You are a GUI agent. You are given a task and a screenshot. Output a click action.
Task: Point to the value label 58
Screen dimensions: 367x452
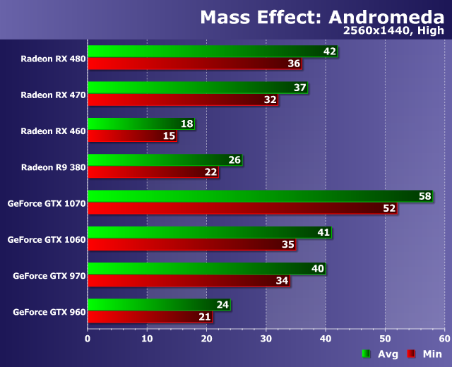[x=425, y=196]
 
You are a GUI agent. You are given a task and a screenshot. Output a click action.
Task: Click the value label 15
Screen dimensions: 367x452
[x=169, y=136]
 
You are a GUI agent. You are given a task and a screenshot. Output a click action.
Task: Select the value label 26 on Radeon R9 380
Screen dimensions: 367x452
[x=235, y=160]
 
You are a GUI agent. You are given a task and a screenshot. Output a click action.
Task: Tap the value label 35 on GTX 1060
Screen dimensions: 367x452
[x=287, y=245]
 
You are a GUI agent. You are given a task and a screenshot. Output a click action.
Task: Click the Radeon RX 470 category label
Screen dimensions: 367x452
[x=53, y=94]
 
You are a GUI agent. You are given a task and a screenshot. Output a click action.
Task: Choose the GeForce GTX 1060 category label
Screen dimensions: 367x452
[x=47, y=239]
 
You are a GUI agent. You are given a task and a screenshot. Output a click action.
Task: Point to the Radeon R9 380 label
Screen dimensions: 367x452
[x=53, y=167]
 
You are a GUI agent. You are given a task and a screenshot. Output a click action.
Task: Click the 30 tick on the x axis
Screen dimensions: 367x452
[x=266, y=338]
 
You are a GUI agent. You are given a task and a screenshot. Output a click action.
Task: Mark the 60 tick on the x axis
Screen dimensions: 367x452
[x=444, y=338]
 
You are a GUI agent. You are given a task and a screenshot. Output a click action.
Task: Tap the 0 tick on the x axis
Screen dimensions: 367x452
[x=88, y=338]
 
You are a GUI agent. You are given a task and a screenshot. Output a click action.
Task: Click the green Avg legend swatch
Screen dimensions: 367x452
[x=366, y=354]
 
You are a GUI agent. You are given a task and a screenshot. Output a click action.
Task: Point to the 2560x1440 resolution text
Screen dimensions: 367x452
[x=370, y=30]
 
